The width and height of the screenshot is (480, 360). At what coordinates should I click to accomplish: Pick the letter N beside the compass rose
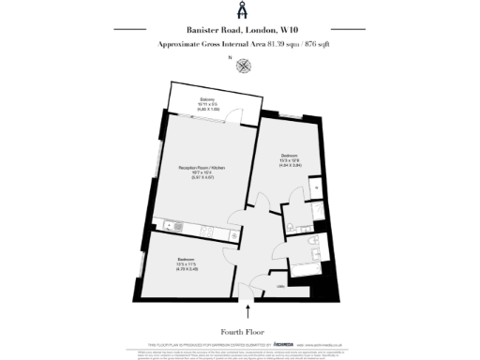point(230,59)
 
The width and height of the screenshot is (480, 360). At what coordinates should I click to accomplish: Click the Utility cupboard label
point(280,287)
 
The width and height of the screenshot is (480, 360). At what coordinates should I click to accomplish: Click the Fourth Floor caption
point(241,331)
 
